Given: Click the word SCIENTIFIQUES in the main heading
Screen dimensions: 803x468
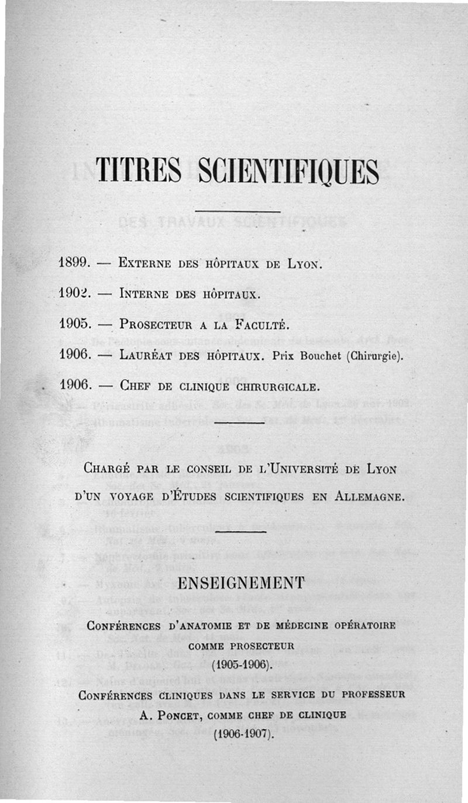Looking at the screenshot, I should coord(288,171).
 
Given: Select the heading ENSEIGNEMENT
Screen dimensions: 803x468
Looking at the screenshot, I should coord(240,582).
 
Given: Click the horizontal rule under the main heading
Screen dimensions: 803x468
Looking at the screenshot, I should coord(238,211).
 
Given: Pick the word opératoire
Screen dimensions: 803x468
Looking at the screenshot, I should coord(367,625).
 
